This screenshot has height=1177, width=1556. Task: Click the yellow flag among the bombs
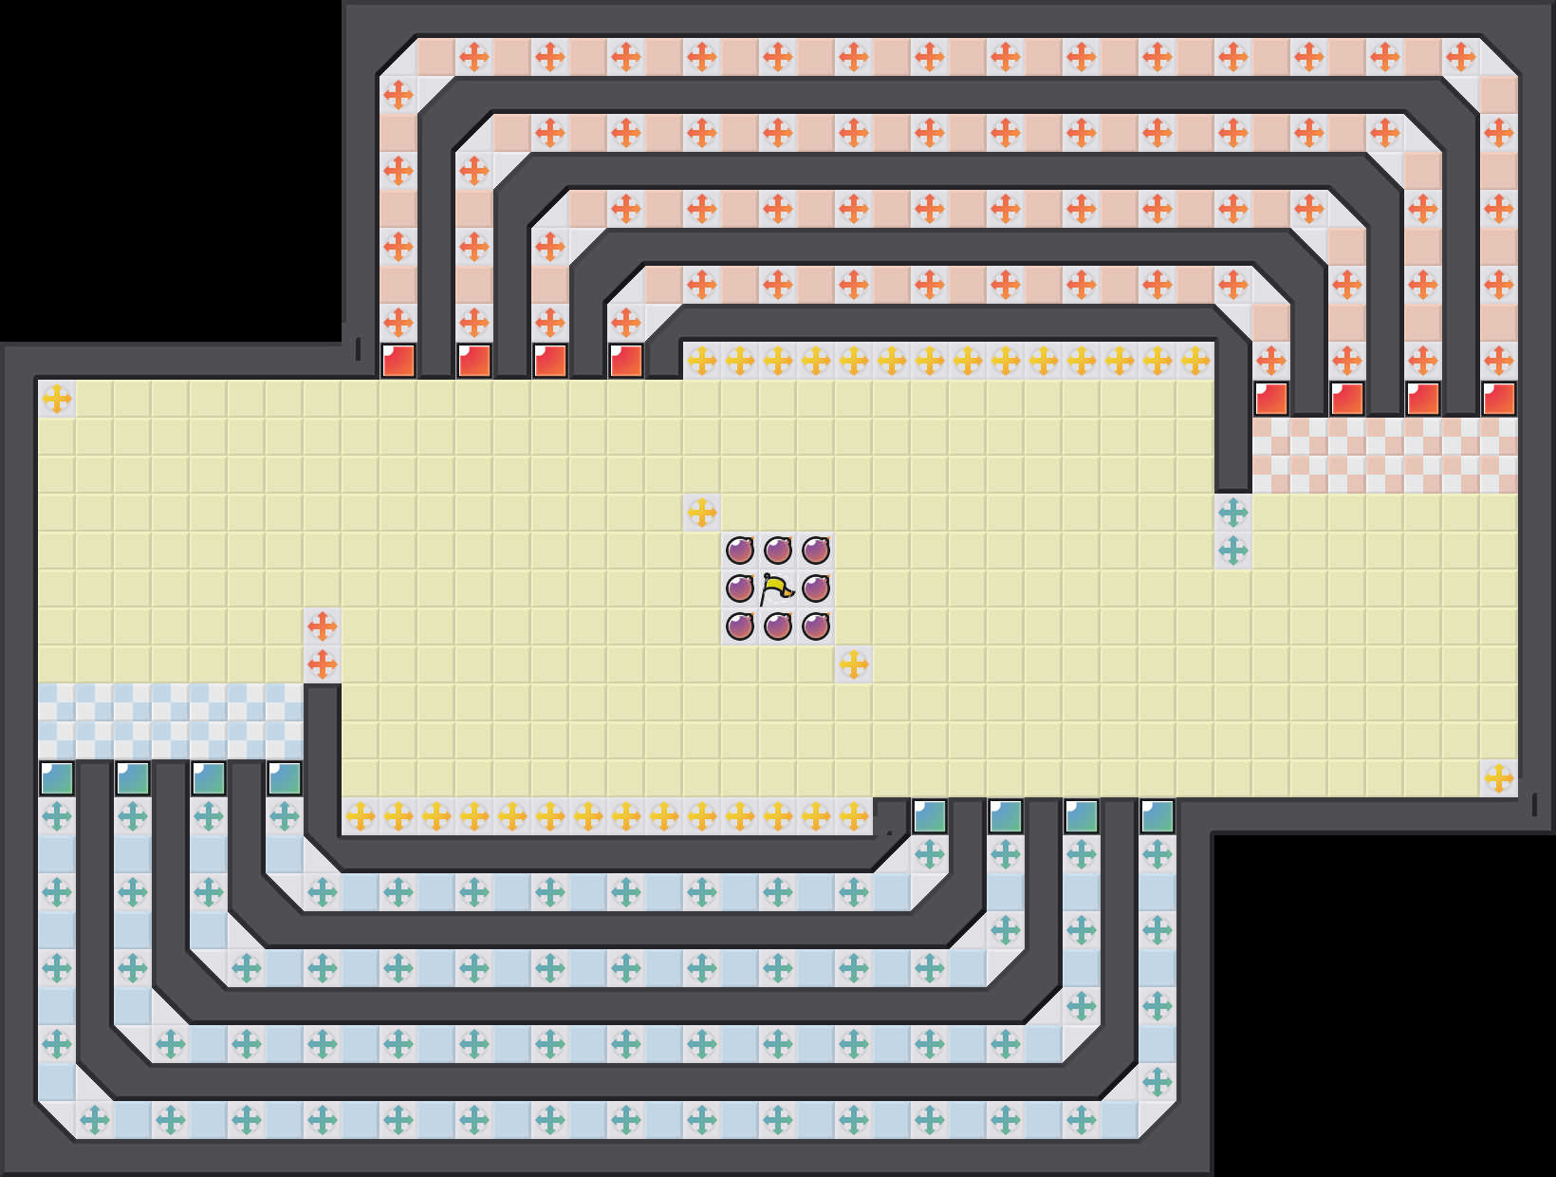pos(778,588)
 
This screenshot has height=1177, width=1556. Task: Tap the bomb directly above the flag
pos(778,551)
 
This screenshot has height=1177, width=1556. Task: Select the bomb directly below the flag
pos(778,626)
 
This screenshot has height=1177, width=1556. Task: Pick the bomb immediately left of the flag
pos(740,588)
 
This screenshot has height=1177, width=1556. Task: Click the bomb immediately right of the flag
pos(816,588)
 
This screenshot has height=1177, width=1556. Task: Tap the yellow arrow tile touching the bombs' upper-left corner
pos(702,513)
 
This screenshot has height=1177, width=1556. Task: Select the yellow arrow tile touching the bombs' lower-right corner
pos(854,664)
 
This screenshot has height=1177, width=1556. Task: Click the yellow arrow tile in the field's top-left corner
pos(57,399)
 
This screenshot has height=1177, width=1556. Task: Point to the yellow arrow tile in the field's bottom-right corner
pos(1499,778)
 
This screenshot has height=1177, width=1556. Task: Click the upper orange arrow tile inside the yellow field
pos(323,626)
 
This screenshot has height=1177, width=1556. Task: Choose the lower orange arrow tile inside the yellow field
pos(323,664)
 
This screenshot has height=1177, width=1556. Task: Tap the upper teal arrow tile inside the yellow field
pos(1233,513)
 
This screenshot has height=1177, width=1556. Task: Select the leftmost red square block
pos(398,361)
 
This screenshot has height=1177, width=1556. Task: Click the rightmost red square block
pos(1499,399)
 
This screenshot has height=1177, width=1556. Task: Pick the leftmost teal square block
pos(57,778)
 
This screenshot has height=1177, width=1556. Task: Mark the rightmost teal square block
pos(1158,816)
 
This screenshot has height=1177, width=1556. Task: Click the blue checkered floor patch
pos(171,721)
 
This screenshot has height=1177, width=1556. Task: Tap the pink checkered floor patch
pos(1385,456)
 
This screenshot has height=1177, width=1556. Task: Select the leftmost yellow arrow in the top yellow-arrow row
pos(702,361)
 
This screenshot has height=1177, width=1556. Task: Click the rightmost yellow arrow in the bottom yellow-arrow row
pos(854,816)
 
